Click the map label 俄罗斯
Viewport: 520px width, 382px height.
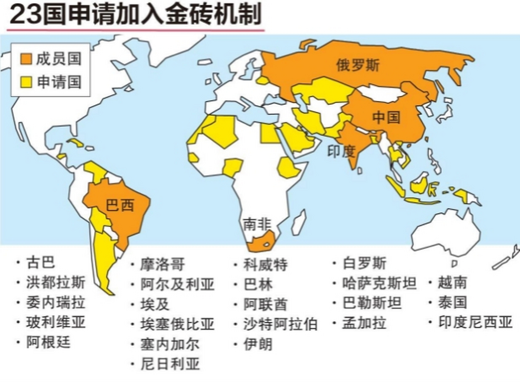coord(358,65)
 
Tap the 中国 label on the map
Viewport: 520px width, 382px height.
coord(386,117)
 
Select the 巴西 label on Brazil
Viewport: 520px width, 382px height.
coord(120,206)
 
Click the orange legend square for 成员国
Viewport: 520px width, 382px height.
coord(26,59)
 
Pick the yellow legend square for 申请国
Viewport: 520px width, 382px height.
coord(26,82)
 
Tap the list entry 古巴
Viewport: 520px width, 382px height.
coord(41,262)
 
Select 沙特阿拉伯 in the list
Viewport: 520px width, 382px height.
coord(280,324)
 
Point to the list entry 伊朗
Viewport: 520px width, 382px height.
coord(258,344)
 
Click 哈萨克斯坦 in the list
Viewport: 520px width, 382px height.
coord(379,283)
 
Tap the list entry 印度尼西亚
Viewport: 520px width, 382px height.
coord(475,322)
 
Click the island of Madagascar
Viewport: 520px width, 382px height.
coord(299,223)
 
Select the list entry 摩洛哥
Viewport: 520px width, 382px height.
coord(163,264)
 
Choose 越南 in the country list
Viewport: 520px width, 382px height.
coord(452,282)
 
